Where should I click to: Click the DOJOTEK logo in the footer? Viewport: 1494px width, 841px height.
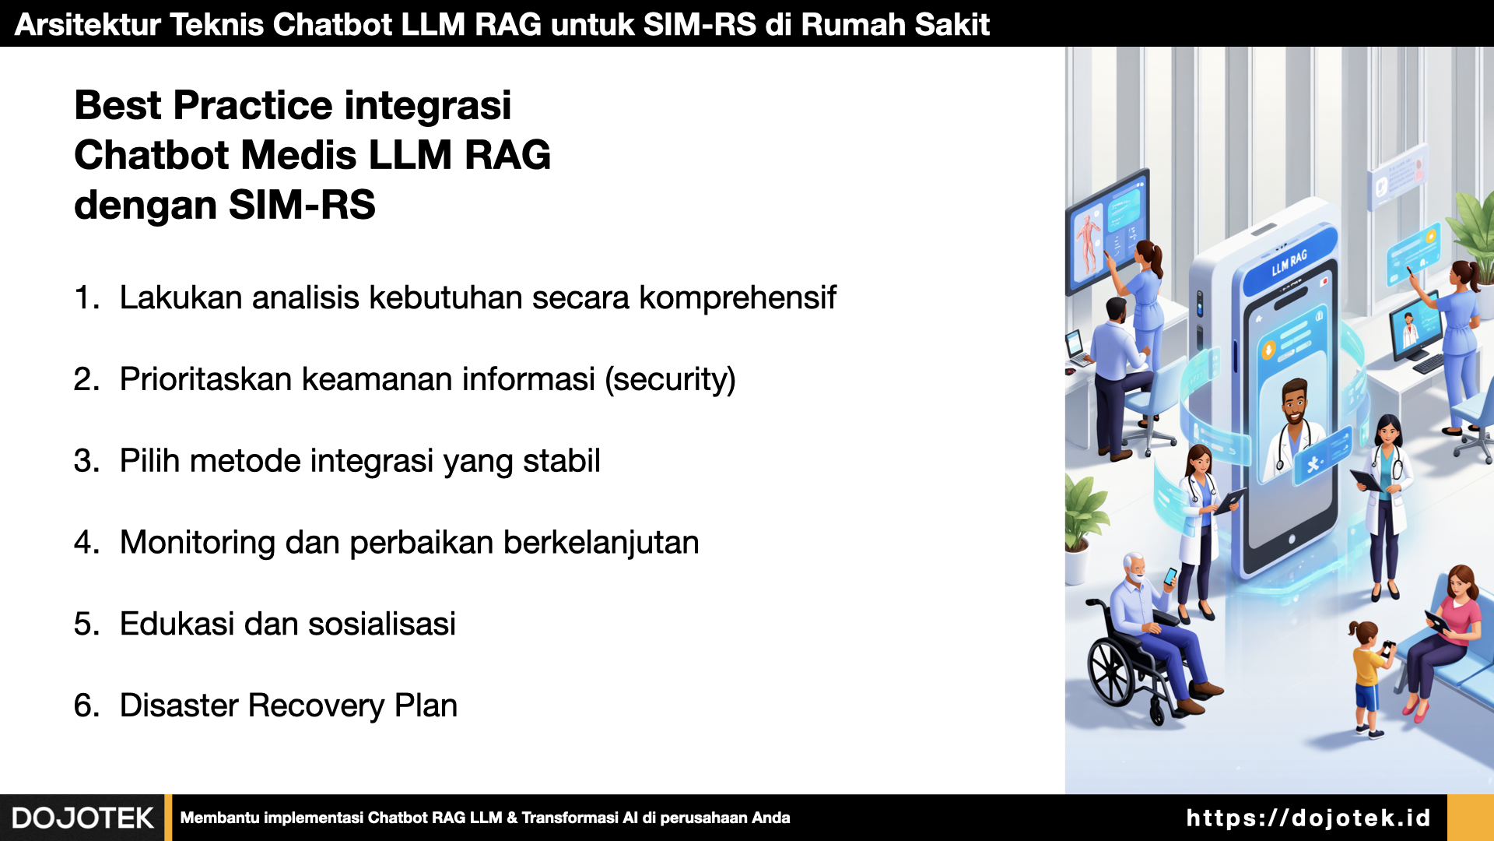(82, 818)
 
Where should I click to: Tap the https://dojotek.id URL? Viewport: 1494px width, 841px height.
(1309, 818)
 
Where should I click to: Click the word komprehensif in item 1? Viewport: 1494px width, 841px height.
(738, 298)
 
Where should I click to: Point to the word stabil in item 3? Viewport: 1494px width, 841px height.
(561, 460)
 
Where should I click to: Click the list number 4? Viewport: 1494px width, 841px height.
(86, 542)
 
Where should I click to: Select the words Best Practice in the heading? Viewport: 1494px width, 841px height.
(204, 106)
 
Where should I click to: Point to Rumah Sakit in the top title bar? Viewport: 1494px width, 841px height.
(896, 25)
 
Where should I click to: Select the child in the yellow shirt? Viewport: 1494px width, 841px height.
(1369, 678)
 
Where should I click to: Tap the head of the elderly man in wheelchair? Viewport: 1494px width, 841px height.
(1134, 568)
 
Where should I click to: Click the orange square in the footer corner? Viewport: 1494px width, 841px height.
(1471, 818)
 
